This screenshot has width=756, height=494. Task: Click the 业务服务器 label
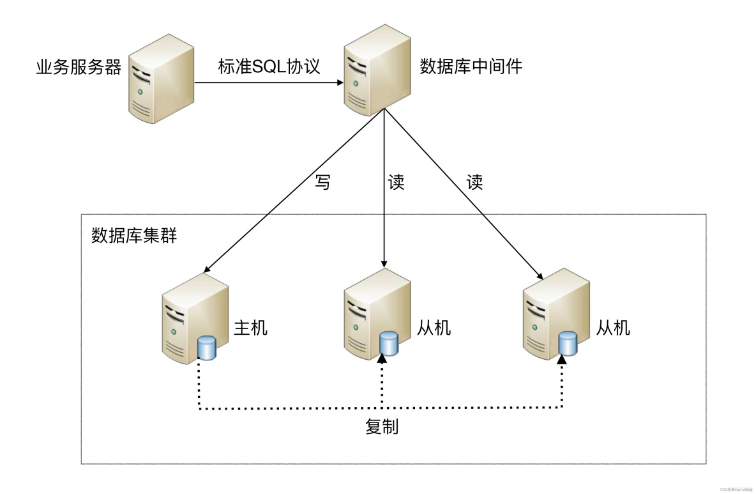pos(79,68)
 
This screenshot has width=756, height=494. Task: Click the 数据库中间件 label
pos(471,66)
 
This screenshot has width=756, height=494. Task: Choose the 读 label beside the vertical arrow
pos(396,183)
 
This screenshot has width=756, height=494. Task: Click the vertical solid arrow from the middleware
pos(384,192)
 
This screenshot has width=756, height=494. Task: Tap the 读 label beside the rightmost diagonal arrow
pos(474,183)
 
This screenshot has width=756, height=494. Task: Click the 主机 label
pos(251,328)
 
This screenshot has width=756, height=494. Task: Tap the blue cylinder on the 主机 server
pos(207,347)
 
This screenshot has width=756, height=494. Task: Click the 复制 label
pos(382,427)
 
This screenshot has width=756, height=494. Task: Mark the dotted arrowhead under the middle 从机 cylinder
pos(382,360)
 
